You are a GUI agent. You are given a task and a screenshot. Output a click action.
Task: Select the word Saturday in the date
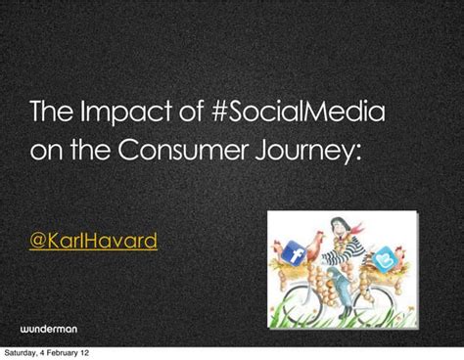23,352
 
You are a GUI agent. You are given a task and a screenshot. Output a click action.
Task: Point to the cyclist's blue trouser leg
344,284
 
